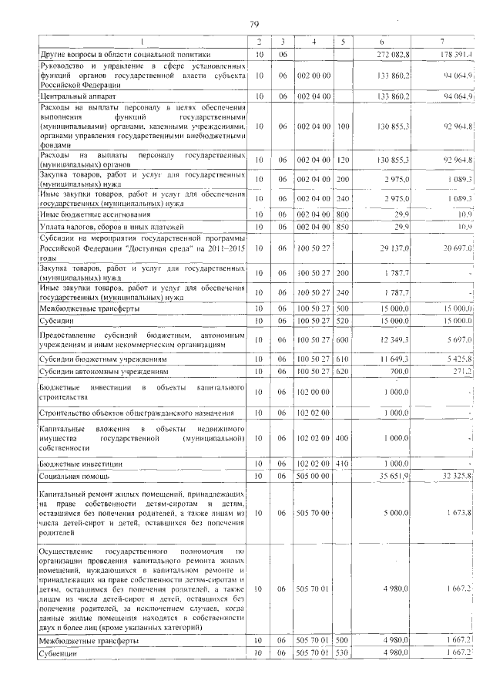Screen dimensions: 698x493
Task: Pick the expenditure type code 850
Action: (x=344, y=228)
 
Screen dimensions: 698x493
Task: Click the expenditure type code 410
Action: (x=344, y=463)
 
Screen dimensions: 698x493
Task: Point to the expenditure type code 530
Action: (x=344, y=654)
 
